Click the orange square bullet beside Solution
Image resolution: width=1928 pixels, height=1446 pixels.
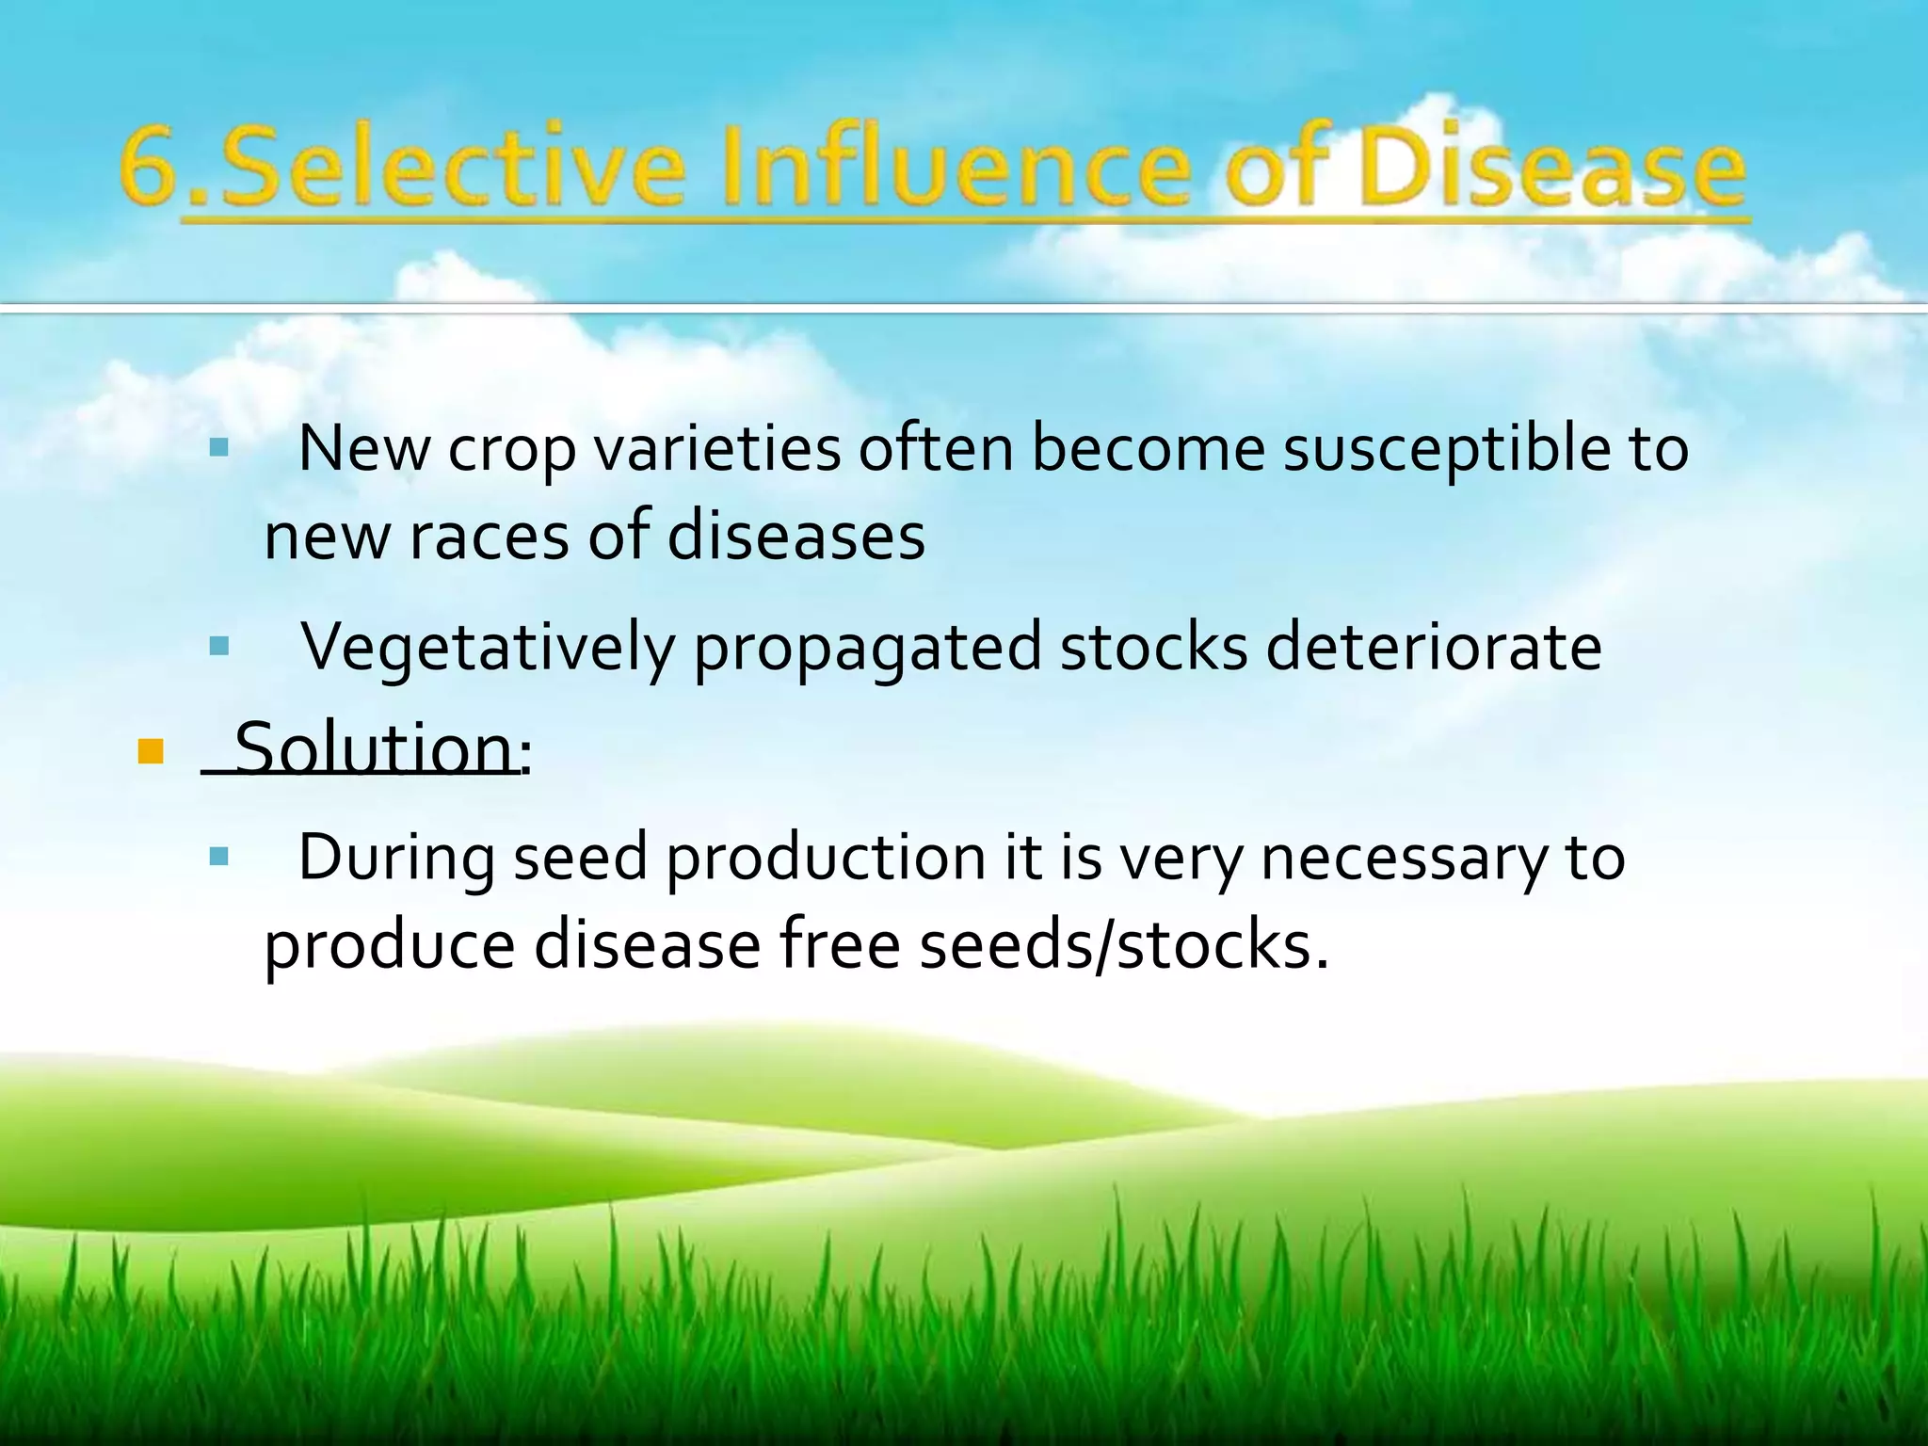[x=151, y=751]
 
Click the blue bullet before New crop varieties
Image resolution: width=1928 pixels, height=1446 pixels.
[x=219, y=447]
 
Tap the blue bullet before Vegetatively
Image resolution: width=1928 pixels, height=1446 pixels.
[x=219, y=646]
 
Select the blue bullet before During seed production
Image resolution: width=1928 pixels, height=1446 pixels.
[x=219, y=856]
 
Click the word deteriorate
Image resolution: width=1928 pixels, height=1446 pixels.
[x=1433, y=648]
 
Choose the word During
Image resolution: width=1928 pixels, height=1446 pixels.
[x=396, y=859]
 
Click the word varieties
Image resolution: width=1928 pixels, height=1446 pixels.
[x=717, y=450]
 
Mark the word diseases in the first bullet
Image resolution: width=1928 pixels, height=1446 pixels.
[x=796, y=537]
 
